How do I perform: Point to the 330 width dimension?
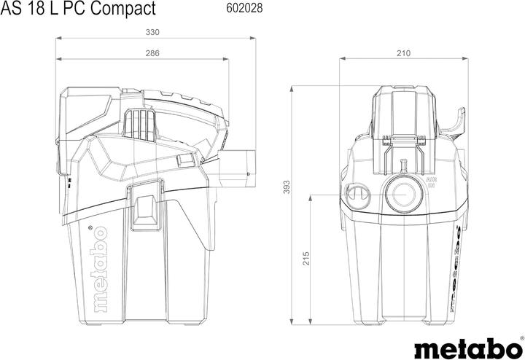(x=152, y=32)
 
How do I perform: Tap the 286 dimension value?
(x=152, y=53)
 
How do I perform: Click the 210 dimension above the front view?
(x=403, y=53)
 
